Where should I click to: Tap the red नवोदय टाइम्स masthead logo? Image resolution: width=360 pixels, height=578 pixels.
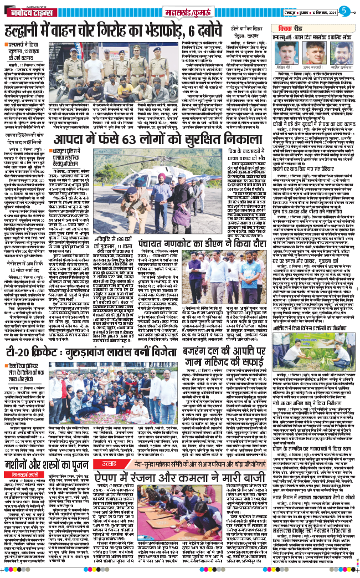tap(28, 10)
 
